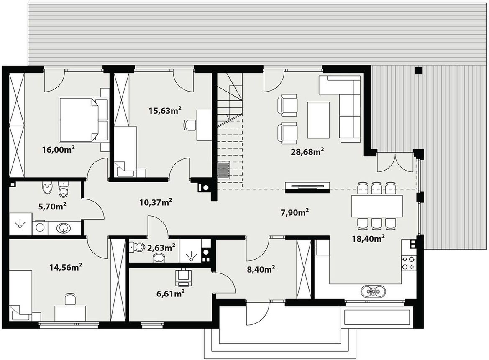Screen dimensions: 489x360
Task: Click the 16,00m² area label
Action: tap(58, 150)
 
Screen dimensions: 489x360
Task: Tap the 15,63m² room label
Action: tap(165, 110)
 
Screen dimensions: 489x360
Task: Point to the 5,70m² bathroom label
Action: tap(52, 206)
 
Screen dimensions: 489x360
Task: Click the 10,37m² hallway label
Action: tap(156, 203)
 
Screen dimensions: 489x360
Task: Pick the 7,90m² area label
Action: tap(295, 212)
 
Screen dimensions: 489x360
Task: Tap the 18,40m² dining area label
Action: tap(368, 239)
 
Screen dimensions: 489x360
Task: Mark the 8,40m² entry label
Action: tap(261, 269)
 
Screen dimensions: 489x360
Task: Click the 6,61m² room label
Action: tap(170, 293)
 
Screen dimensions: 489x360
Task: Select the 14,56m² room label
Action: tap(66, 267)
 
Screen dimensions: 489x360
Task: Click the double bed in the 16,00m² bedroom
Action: tap(83, 120)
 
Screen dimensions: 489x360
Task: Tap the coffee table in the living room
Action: tap(318, 120)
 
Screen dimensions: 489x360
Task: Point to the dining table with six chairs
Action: tap(377, 206)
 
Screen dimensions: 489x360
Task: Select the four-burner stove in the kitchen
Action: tap(408, 263)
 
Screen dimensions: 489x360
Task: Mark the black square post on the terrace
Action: tap(419, 71)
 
